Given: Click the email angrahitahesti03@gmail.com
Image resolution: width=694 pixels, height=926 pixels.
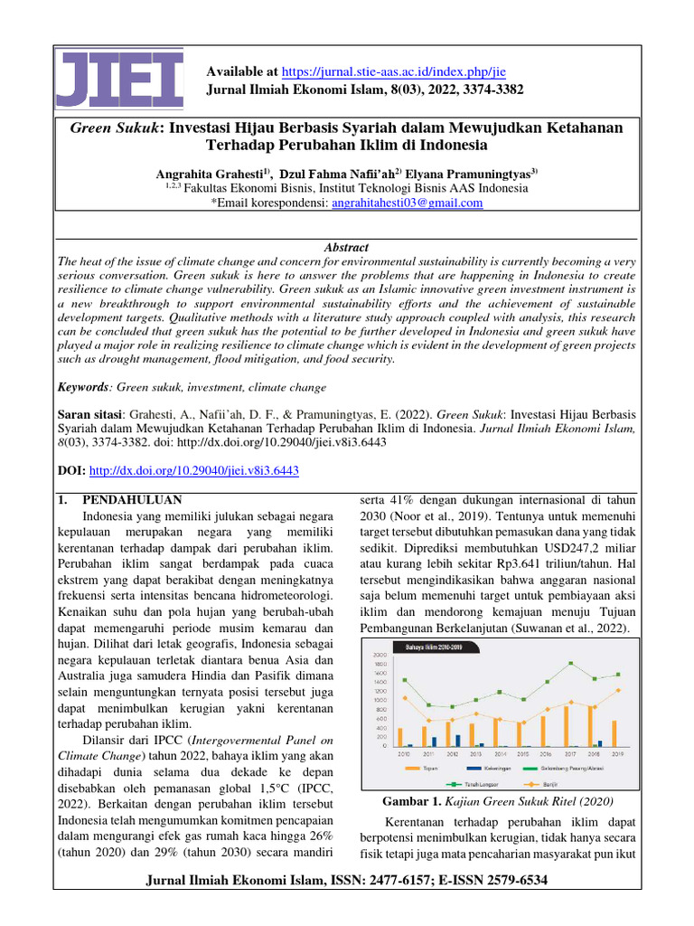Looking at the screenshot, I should [x=407, y=203].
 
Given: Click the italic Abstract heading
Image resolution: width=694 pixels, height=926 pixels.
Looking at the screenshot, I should [x=346, y=247].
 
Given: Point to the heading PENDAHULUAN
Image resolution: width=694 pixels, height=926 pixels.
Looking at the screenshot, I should [x=133, y=499].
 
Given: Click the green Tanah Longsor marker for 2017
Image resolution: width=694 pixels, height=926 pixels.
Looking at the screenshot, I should [x=570, y=663].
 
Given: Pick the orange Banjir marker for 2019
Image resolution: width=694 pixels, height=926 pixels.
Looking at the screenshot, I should [x=618, y=690].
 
